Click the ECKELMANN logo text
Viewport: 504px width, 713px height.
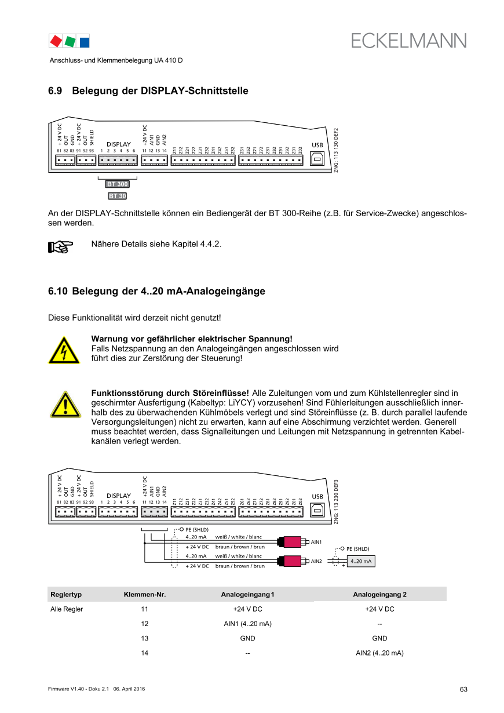(x=409, y=41)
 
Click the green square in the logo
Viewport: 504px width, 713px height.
(x=70, y=41)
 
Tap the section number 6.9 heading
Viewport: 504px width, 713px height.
(x=55, y=91)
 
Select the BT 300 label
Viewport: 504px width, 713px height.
(x=117, y=184)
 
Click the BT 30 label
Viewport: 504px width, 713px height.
(x=117, y=196)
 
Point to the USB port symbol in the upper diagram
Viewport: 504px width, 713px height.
(x=317, y=159)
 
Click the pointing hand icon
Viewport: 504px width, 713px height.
(x=60, y=248)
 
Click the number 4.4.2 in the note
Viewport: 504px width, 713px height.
(x=210, y=243)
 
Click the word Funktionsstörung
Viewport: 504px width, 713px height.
(x=125, y=393)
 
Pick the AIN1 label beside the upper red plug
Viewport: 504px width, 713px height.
(x=316, y=542)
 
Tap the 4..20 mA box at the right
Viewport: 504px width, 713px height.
(x=361, y=561)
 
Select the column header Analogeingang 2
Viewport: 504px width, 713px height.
(x=379, y=595)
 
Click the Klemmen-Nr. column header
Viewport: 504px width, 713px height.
(x=145, y=595)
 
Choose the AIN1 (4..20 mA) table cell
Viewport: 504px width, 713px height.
(x=247, y=624)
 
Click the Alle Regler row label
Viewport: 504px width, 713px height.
(x=67, y=609)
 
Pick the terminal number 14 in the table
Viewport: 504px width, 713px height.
(x=145, y=653)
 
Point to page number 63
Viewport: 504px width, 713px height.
(x=463, y=689)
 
